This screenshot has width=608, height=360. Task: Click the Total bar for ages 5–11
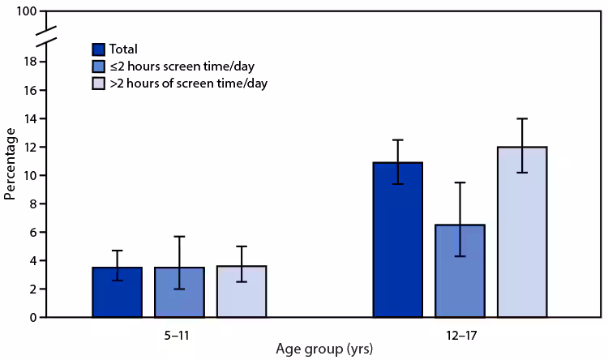(x=117, y=293)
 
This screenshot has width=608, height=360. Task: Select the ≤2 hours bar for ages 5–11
(x=179, y=293)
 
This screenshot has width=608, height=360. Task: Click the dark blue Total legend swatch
(x=101, y=48)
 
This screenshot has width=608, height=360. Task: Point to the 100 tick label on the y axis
(x=24, y=12)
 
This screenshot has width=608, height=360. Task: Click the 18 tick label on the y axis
(x=28, y=62)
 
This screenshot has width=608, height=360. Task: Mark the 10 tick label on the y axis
(x=28, y=176)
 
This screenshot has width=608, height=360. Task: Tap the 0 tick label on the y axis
(x=32, y=318)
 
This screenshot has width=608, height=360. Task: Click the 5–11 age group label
(x=179, y=332)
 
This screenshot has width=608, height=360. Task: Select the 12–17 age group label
(x=460, y=332)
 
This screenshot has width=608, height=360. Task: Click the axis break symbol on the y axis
(x=47, y=36)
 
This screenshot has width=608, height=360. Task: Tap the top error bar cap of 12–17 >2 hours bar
(x=522, y=119)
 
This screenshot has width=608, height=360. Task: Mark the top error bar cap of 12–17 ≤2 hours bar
(x=460, y=182)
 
